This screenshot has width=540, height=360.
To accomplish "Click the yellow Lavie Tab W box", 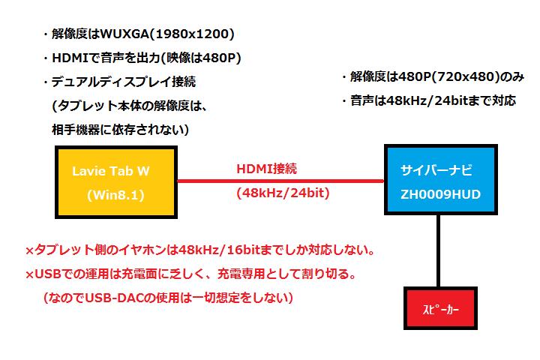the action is (x=116, y=182).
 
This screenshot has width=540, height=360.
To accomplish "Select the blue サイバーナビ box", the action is (x=441, y=179).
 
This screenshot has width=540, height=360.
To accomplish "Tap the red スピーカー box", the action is (x=440, y=308).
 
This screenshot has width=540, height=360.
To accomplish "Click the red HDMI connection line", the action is (x=280, y=181).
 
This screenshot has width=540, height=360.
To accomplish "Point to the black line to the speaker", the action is (x=438, y=250).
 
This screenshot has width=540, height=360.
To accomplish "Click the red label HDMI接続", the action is (x=266, y=169).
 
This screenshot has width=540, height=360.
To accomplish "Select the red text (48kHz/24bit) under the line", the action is (x=283, y=193).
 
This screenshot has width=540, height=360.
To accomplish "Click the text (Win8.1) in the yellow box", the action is (x=115, y=195).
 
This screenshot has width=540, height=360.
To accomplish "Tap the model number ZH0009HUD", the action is (x=440, y=194).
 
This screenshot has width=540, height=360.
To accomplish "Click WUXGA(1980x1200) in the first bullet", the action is (x=167, y=34).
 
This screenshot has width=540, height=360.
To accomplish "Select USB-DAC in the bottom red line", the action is (x=114, y=298).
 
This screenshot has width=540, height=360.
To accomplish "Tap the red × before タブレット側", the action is (x=29, y=250).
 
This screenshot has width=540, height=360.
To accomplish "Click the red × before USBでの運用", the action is (x=29, y=275).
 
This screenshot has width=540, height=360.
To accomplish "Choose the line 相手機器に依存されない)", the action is (x=120, y=130).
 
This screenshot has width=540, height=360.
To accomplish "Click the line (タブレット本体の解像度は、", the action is (x=130, y=106).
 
